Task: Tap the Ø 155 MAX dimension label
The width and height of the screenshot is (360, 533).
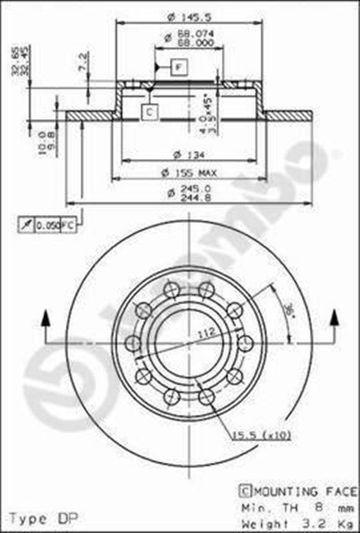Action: pyautogui.click(x=189, y=172)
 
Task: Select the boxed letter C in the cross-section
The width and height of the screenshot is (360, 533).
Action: pyautogui.click(x=147, y=110)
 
